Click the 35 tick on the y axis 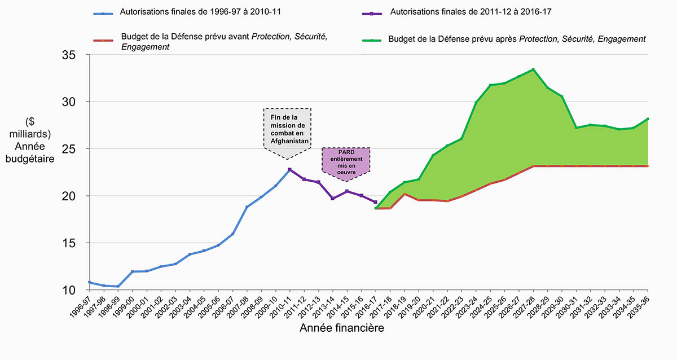pyautogui.click(x=74, y=55)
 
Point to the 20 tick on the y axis pyautogui.click(x=74, y=196)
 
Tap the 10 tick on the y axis pyautogui.click(x=74, y=290)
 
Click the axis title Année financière pyautogui.click(x=342, y=328)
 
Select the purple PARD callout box pyautogui.click(x=346, y=161)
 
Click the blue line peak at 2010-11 pyautogui.click(x=289, y=169)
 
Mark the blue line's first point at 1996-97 pyautogui.click(x=89, y=282)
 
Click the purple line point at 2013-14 pyautogui.click(x=332, y=199)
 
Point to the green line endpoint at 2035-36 pyautogui.click(x=648, y=119)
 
